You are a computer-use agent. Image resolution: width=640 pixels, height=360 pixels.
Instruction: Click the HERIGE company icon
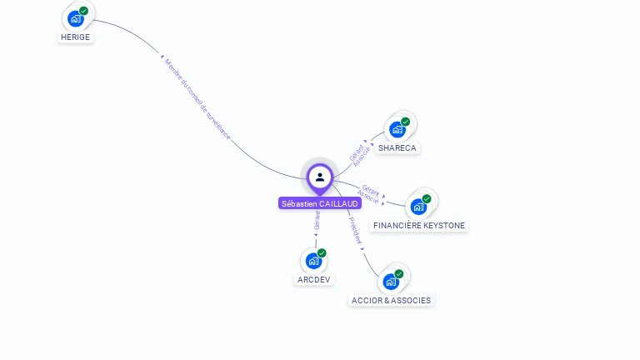coord(77,18)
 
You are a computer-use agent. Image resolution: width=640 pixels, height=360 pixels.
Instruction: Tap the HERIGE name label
coord(75,37)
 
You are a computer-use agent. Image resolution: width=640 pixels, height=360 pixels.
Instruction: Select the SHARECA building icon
coord(398,129)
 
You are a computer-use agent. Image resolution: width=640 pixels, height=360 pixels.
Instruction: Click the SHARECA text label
coord(397,148)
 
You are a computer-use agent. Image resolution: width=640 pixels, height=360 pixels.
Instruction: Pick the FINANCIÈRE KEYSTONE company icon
coord(419,207)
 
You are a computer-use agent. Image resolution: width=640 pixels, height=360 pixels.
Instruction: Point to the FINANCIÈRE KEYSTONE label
coord(419,226)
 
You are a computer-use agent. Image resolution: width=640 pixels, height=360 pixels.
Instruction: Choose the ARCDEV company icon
coord(313,261)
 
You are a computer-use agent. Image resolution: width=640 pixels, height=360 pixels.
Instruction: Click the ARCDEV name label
coord(313,280)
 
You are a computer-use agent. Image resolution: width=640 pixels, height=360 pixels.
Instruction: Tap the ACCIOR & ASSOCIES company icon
coord(391,281)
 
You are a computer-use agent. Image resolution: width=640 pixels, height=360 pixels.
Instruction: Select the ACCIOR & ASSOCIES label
coord(392,300)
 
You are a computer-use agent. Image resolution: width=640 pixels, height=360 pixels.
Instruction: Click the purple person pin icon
coord(320,177)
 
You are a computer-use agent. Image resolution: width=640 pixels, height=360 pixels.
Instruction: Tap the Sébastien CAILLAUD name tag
coord(320,203)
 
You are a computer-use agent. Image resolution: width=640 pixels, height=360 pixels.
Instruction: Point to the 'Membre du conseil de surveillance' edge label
coord(197,98)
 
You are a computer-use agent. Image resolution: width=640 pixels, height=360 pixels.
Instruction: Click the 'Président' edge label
coord(356,231)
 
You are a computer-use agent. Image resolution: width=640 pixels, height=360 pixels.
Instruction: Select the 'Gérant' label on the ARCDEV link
coord(317,220)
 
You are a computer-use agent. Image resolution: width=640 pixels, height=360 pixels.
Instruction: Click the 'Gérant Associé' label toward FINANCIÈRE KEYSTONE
coord(370,194)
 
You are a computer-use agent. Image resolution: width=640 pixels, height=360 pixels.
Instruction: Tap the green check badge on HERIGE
coord(84,11)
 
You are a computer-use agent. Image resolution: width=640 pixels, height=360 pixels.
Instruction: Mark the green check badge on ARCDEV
coord(322,253)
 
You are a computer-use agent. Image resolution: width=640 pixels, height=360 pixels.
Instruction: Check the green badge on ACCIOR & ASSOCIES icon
coord(399,273)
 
